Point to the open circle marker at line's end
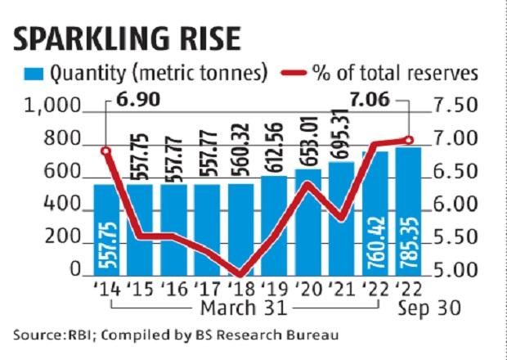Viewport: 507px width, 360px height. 410,140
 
